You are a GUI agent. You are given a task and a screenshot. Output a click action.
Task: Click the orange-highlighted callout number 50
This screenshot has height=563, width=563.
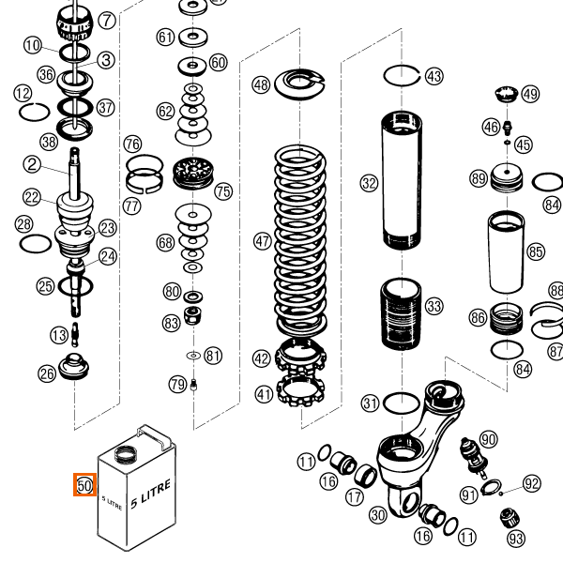pos(84,485)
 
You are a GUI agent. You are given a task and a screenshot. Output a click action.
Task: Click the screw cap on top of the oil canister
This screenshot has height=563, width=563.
pos(124,456)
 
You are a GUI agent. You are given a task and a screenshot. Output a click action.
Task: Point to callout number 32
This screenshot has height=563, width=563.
pos(369,183)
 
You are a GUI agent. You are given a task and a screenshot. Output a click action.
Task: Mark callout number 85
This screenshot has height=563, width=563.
pos(536,251)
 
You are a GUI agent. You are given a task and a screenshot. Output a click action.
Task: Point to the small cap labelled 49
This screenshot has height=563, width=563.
pos(507,94)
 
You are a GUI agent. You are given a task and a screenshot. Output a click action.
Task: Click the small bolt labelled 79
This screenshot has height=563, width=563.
pos(192,385)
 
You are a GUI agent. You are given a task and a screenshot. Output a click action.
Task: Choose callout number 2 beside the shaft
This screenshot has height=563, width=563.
pos(32,165)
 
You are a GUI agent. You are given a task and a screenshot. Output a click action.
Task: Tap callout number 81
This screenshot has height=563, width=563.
pos(213,356)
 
